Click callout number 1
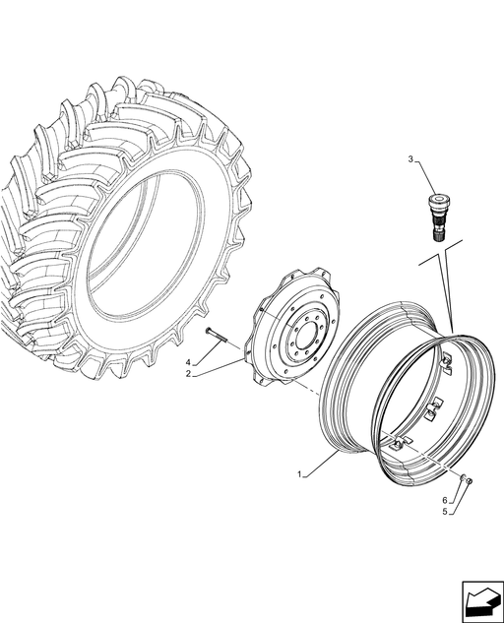point(299,474)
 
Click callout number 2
point(188,373)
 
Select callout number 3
point(410,159)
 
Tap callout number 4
point(188,362)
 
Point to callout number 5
point(445,512)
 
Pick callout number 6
point(445,500)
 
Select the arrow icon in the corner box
point(481,599)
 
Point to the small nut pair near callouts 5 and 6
point(467,479)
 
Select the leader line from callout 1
point(321,463)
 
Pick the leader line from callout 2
point(218,367)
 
